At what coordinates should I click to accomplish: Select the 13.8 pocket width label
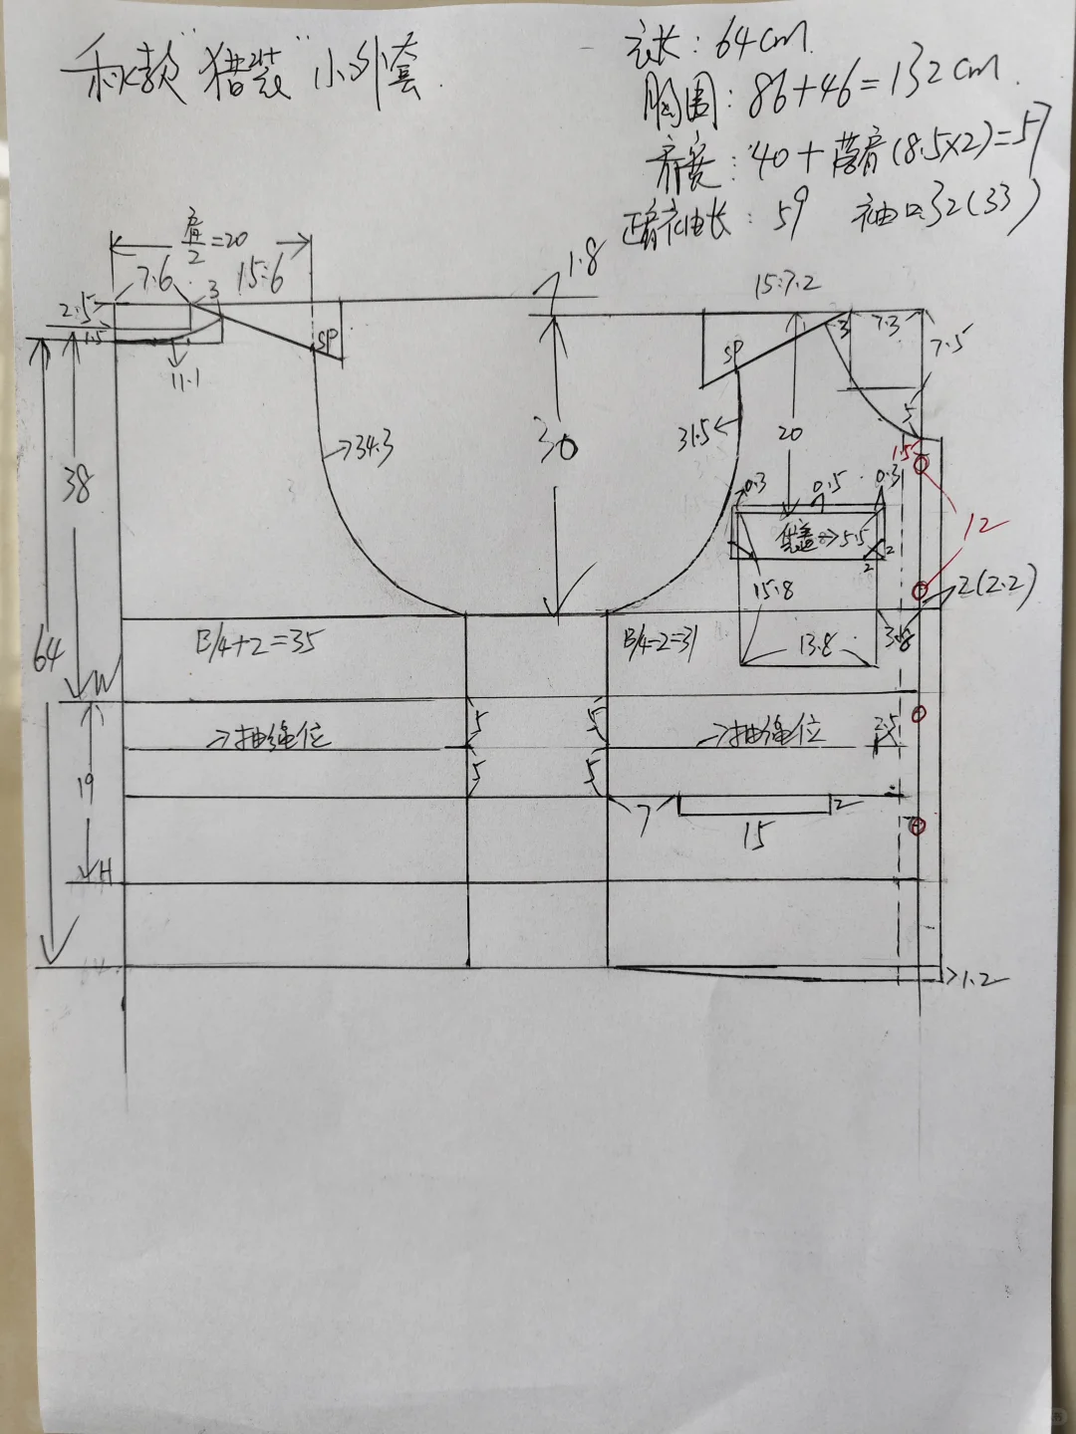(814, 647)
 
